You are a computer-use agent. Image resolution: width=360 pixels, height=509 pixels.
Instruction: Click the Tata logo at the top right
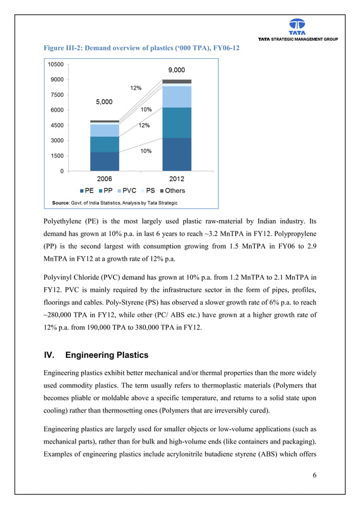pos(297,26)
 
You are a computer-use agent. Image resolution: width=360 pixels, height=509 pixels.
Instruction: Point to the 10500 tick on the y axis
pos(55,64)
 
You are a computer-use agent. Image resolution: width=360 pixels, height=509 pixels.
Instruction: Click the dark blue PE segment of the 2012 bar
pos(177,154)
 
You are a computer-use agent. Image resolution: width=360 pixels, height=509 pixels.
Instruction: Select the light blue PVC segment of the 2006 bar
pos(104,130)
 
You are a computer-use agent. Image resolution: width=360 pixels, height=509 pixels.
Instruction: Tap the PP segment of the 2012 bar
pos(177,122)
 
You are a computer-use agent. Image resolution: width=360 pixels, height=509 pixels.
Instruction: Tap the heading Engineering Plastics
pos(107,356)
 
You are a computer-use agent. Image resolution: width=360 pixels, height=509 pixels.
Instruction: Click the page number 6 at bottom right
pos(314,475)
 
